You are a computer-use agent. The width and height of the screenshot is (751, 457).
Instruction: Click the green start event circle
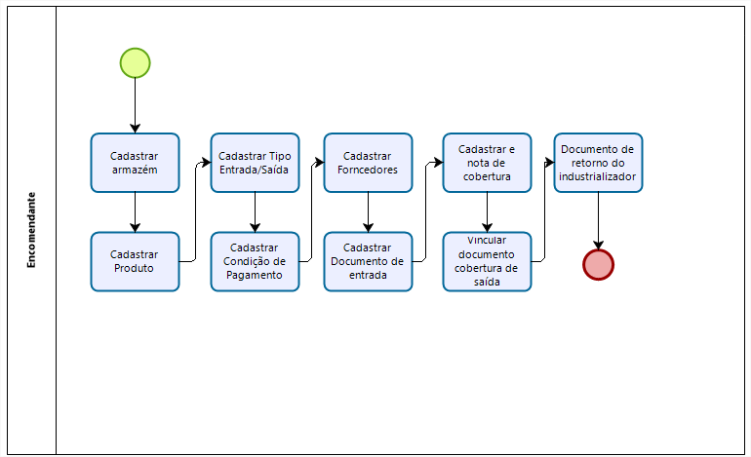pyautogui.click(x=135, y=62)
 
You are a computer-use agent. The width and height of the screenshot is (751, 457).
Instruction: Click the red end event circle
pyautogui.click(x=598, y=264)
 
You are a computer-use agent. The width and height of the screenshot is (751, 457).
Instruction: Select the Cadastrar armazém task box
pyautogui.click(x=135, y=163)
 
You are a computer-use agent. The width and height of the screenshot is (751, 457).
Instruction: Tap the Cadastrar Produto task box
pyautogui.click(x=135, y=261)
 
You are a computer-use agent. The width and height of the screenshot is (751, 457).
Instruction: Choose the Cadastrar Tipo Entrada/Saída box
pyautogui.click(x=255, y=163)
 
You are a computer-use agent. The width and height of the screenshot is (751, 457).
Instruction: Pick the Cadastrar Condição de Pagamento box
pyautogui.click(x=255, y=261)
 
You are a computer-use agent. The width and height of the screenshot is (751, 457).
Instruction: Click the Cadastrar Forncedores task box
pyautogui.click(x=368, y=163)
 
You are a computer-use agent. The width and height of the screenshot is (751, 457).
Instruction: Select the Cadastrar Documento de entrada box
pyautogui.click(x=368, y=261)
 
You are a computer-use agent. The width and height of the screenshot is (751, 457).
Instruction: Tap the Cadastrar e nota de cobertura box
pyautogui.click(x=487, y=163)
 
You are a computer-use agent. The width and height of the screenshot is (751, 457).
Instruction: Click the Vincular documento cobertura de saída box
pyautogui.click(x=487, y=261)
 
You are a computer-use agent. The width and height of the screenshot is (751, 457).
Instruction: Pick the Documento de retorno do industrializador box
pyautogui.click(x=598, y=163)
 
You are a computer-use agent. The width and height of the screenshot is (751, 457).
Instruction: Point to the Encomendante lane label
pyautogui.click(x=32, y=230)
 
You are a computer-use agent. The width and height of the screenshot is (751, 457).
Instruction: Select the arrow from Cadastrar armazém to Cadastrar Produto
pyautogui.click(x=135, y=211)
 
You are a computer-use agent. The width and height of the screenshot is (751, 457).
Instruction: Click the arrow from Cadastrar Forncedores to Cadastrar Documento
pyautogui.click(x=368, y=211)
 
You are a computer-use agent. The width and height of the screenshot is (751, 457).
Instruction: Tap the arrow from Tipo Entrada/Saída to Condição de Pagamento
pyautogui.click(x=255, y=211)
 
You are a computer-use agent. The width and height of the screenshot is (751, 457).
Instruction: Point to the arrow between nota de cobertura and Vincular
pyautogui.click(x=487, y=211)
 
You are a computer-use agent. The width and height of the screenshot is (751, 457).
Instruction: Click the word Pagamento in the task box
pyautogui.click(x=255, y=275)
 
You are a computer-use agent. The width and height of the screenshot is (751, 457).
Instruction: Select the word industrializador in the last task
pyautogui.click(x=598, y=177)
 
